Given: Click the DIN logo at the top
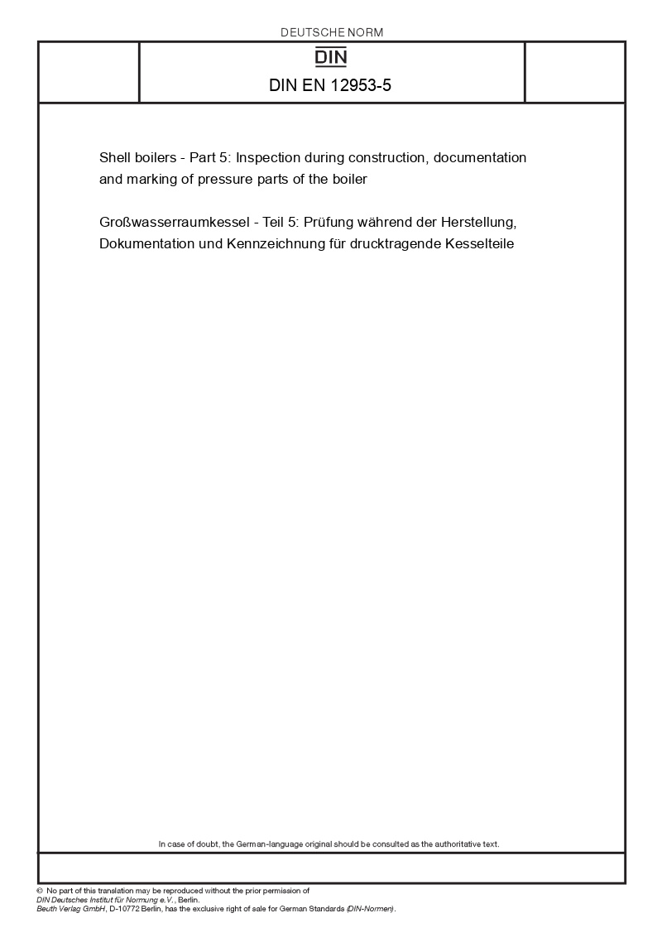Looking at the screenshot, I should click(332, 57).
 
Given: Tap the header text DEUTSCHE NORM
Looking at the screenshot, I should click(332, 32).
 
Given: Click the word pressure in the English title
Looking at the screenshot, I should click(223, 178).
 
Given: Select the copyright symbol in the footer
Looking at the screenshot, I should click(40, 891).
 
